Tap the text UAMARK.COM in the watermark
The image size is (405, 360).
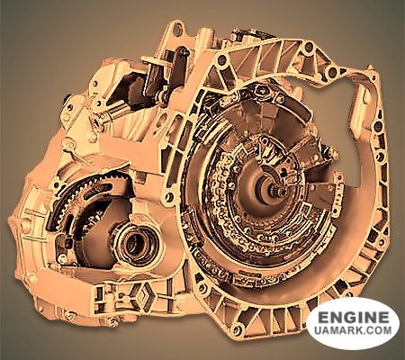point(354,330)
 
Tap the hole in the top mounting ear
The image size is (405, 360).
point(177,28)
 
